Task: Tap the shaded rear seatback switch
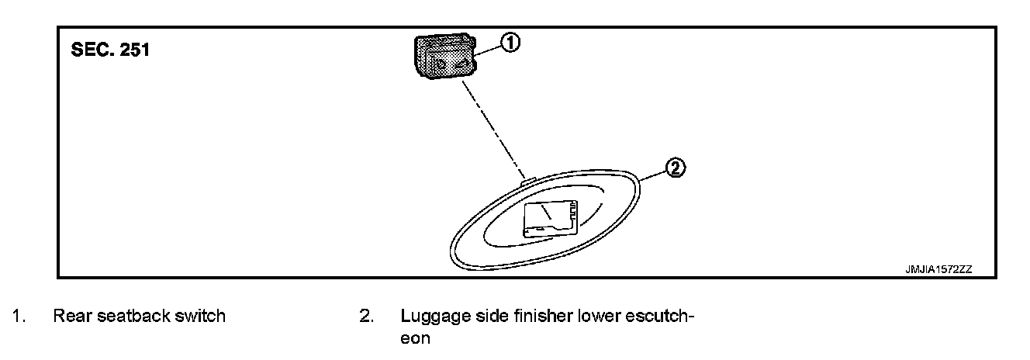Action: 442,58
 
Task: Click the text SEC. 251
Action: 109,50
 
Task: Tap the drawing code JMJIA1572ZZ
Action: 938,269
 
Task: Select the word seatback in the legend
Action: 133,317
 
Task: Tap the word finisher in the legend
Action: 525,317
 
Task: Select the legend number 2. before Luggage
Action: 366,317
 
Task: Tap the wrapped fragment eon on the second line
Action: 415,339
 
